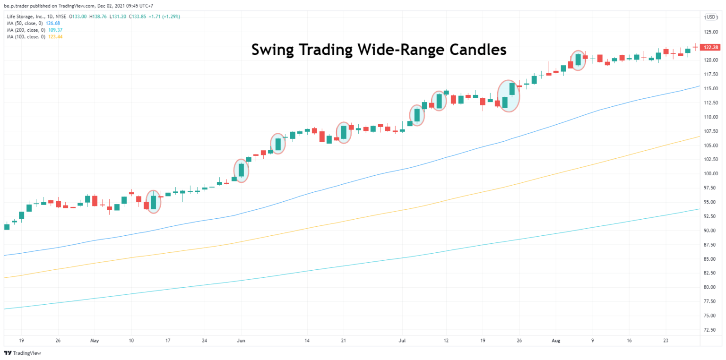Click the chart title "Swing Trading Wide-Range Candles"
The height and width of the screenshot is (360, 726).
(379, 50)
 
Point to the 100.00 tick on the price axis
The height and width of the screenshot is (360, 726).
(710, 173)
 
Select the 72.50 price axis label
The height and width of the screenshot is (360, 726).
(710, 329)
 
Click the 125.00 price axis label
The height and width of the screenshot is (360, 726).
(710, 32)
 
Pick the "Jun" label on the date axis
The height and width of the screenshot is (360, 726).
(241, 340)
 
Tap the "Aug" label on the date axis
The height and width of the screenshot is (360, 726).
(556, 340)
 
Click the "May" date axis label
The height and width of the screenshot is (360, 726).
(94, 340)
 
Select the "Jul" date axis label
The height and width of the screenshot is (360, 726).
(402, 340)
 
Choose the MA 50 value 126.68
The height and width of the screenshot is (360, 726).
(53, 23)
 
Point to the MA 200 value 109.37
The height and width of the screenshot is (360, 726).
(55, 30)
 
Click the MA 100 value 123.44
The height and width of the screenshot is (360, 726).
(55, 36)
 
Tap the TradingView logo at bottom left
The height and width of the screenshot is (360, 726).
(16, 353)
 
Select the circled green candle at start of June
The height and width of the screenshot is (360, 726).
(241, 171)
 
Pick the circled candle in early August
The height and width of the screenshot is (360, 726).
(578, 60)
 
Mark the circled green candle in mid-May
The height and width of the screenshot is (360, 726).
(153, 202)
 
